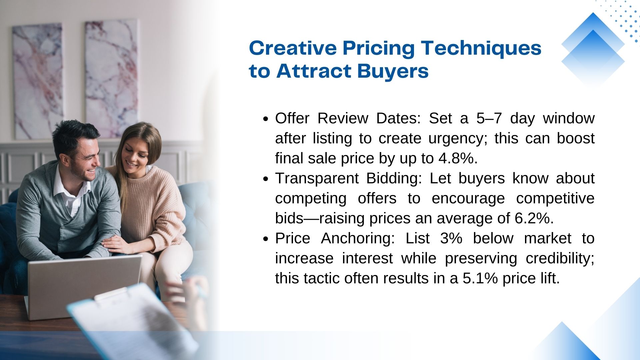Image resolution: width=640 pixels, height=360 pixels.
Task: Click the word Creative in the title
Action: coord(293,48)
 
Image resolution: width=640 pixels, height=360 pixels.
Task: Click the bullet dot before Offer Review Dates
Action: coord(265,119)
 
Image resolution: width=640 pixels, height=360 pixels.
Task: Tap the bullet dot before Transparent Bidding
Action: coord(265,179)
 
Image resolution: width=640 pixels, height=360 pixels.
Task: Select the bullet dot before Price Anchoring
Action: coord(265,239)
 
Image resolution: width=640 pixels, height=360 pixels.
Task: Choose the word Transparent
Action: coord(317,179)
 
